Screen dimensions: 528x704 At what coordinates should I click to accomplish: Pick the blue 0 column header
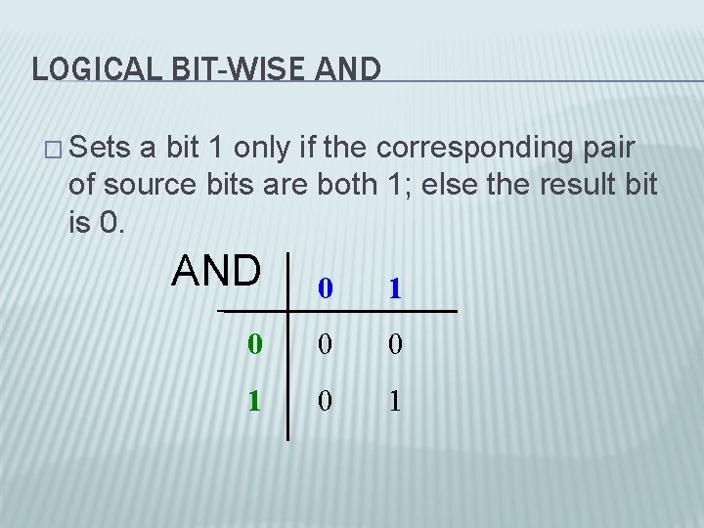point(325,288)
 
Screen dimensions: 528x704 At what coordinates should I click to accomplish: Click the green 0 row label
point(254,344)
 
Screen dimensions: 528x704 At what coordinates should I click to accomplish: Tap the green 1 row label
point(254,401)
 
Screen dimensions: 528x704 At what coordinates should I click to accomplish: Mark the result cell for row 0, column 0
point(325,344)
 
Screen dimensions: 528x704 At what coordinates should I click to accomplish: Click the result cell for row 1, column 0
point(325,401)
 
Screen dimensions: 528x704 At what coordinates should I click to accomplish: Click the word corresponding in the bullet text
point(478,149)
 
